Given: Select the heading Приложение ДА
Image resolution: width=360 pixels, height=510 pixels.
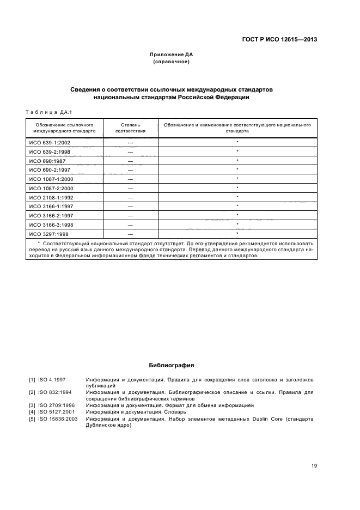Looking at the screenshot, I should point(172,54).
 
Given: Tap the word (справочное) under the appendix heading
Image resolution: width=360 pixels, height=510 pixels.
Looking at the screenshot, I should point(172,62).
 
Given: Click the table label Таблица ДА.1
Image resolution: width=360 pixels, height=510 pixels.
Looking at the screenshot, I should point(45,112).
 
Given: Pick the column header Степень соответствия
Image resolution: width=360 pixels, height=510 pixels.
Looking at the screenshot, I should point(130,128).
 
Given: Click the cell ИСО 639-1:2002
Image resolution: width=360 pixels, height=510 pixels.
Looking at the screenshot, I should point(50,142).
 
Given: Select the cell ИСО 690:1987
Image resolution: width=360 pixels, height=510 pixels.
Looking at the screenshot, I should point(47,161).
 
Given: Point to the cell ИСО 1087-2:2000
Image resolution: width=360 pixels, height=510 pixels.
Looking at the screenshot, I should point(51,188).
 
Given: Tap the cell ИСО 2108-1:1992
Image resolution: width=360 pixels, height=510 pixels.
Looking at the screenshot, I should point(51,197).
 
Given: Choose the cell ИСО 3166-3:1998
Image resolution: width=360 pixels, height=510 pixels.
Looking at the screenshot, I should point(51,224).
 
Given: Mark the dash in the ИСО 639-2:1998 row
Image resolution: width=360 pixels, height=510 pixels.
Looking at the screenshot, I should point(130,151).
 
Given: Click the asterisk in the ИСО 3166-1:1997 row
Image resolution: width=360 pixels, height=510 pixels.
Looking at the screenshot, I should point(237,206).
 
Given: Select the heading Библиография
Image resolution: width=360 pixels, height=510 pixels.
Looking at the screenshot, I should point(172,365).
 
